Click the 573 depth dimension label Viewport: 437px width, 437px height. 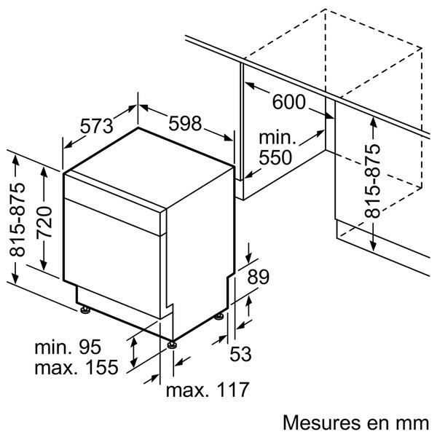(96, 125)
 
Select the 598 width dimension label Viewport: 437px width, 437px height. (184, 124)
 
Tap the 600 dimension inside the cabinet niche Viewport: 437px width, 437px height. (289, 103)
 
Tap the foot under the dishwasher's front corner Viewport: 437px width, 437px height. (172, 343)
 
